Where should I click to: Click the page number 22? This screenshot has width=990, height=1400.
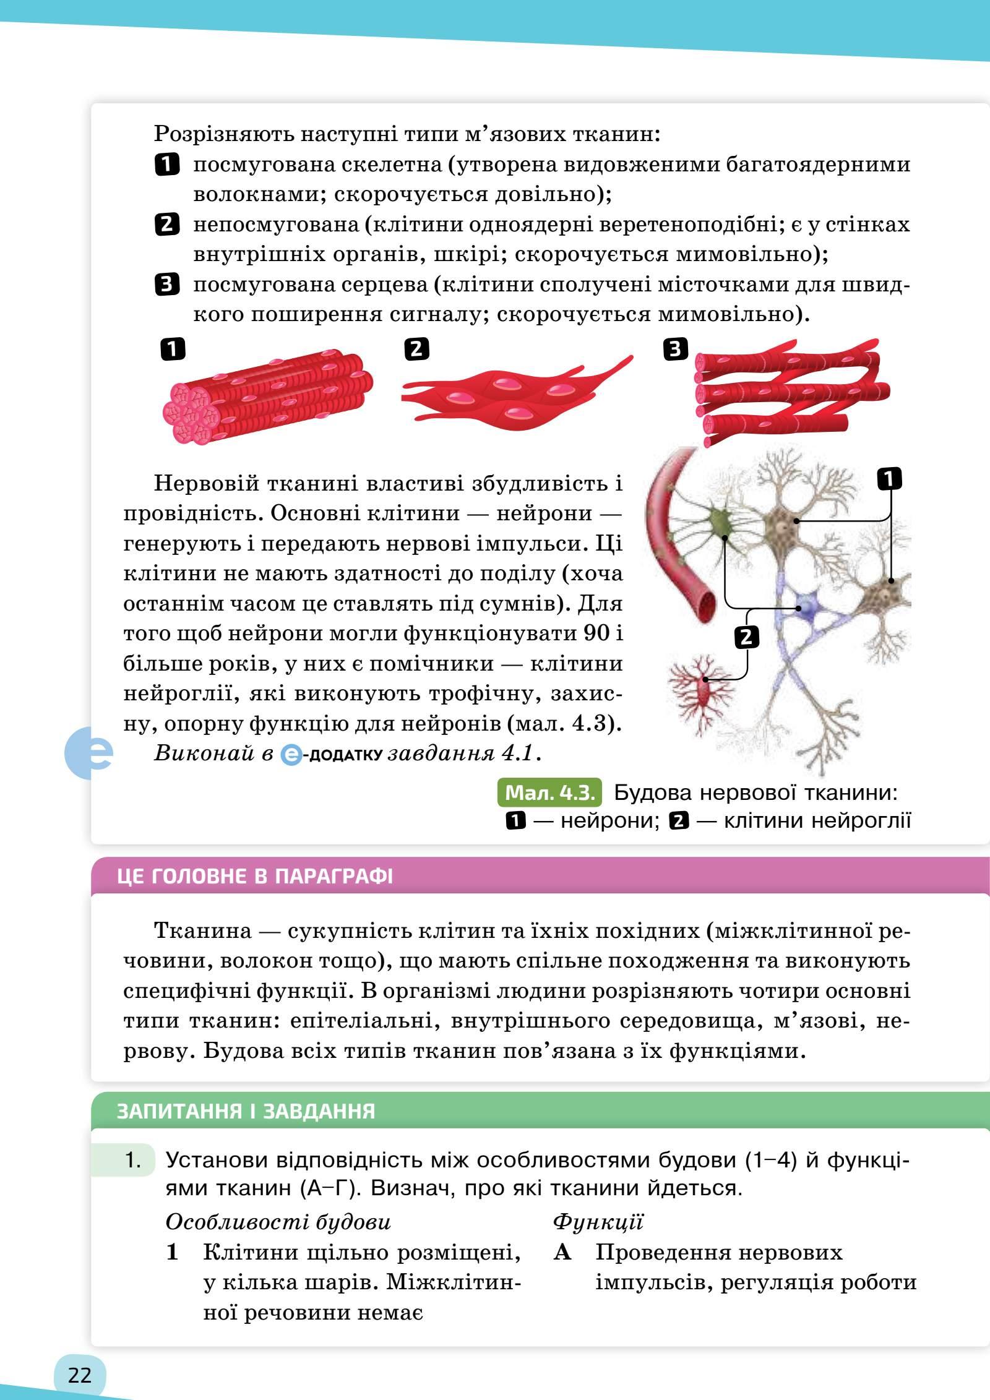[80, 1375]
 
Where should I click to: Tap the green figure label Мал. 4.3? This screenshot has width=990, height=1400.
[549, 792]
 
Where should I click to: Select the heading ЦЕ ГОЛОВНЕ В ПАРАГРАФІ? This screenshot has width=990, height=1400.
[254, 877]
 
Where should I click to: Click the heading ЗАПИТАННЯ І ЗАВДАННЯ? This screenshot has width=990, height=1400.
[246, 1111]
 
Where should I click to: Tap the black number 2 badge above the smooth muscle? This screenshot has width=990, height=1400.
[416, 350]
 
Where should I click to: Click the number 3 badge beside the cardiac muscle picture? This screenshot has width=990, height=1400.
[675, 350]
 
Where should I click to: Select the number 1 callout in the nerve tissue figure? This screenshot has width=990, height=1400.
[889, 479]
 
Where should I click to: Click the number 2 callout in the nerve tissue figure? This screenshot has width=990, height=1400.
[746, 637]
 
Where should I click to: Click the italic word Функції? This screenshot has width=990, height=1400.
[598, 1222]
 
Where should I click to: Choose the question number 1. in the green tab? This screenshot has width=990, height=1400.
[133, 1160]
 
